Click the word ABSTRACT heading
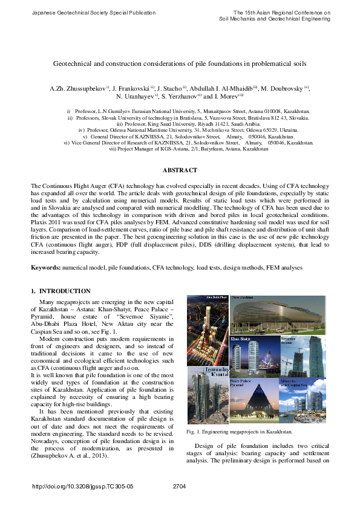pyautogui.click(x=180, y=171)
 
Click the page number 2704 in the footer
pyautogui.click(x=180, y=485)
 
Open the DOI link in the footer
pyautogui.click(x=91, y=485)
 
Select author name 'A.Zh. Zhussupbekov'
pyautogui.click(x=77, y=88)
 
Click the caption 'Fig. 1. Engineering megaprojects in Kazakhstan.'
pyautogui.click(x=240, y=432)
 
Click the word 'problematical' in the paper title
pyautogui.click(x=254, y=63)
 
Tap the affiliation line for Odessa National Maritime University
pyautogui.click(x=180, y=130)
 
